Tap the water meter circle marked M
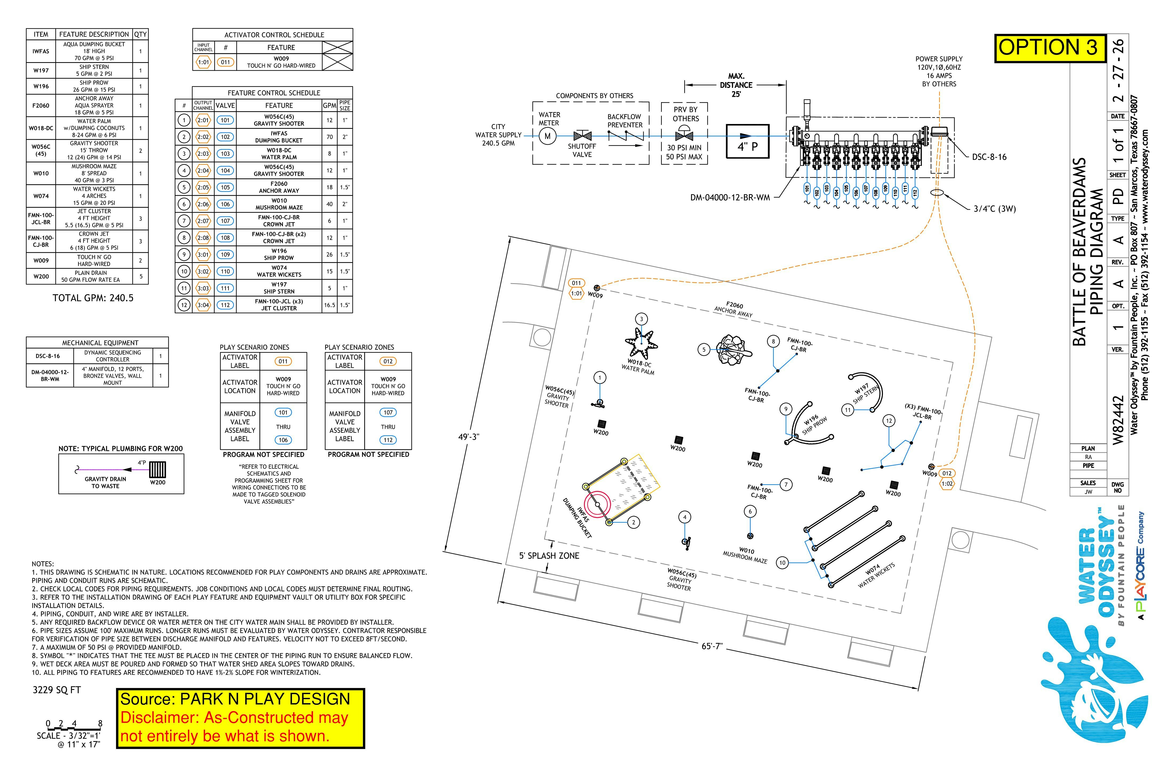click(x=547, y=136)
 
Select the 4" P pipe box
click(x=747, y=141)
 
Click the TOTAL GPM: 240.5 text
click(x=93, y=298)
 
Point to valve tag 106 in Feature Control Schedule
click(x=225, y=204)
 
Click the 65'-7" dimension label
click(x=712, y=646)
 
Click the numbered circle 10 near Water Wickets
click(x=782, y=563)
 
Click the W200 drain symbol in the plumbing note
click(x=157, y=470)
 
